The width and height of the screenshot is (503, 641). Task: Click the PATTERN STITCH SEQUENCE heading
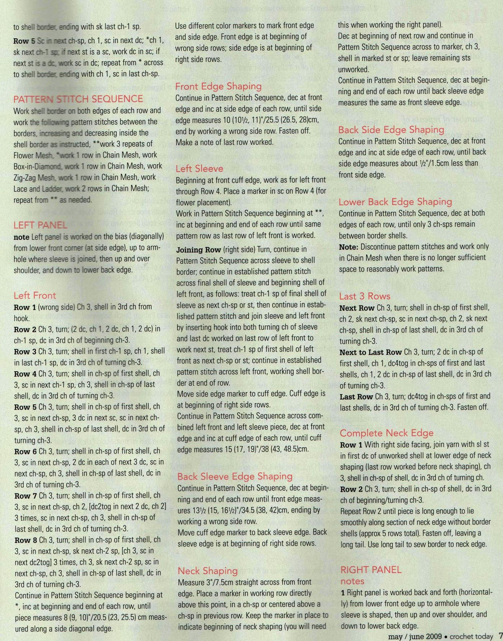point(78,99)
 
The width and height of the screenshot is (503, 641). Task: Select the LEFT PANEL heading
point(40,225)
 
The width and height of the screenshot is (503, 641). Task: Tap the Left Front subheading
point(35,296)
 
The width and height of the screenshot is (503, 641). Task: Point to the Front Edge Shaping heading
point(218,86)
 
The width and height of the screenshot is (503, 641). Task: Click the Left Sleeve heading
point(199,168)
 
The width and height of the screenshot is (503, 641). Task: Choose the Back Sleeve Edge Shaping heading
point(235,477)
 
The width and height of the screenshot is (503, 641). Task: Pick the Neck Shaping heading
point(208,571)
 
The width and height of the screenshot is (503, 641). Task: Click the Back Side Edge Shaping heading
point(391,130)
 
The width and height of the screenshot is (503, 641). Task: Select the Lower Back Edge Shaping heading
point(395,202)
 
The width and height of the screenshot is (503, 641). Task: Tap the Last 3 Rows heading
point(365,296)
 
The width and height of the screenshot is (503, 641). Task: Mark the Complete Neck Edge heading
point(387,433)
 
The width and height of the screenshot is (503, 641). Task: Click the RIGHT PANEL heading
point(371,570)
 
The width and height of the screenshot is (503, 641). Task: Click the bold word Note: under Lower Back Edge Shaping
point(349,247)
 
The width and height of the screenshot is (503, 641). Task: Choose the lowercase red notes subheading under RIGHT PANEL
point(352,581)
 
